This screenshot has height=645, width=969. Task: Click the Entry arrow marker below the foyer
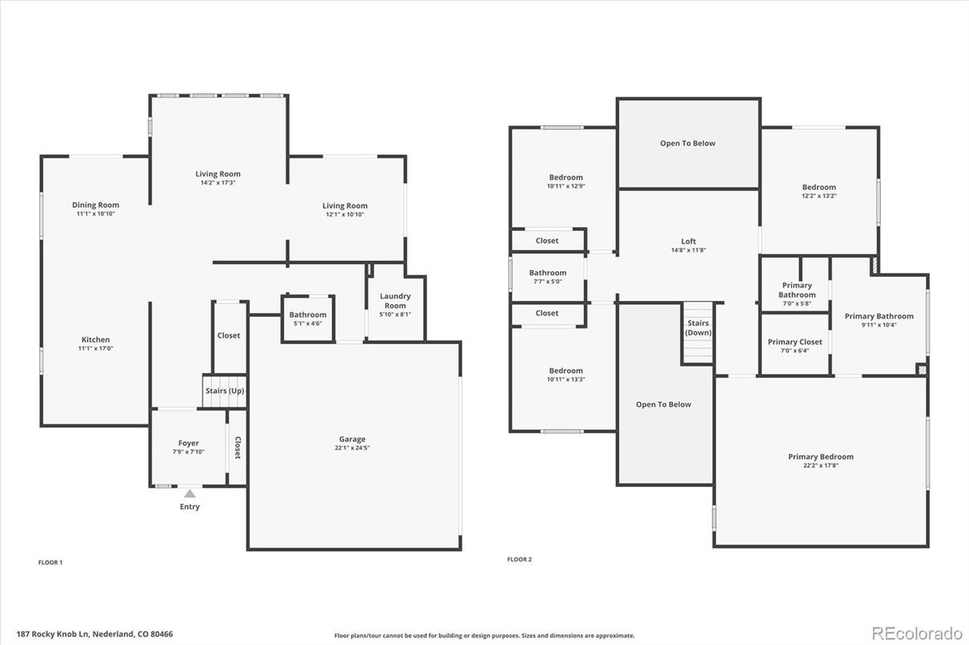click(x=189, y=493)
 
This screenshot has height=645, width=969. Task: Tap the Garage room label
click(x=352, y=439)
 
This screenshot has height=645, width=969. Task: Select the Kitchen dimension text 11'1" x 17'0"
click(x=96, y=348)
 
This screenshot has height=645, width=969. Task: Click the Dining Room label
click(x=96, y=205)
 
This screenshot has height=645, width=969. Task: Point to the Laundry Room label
click(x=395, y=301)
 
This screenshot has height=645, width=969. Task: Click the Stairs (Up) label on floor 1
click(x=225, y=391)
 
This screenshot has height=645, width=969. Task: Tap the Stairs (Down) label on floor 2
click(x=698, y=327)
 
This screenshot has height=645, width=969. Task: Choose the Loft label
click(x=689, y=241)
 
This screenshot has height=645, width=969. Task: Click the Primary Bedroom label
click(x=820, y=456)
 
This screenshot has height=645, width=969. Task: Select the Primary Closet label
click(x=795, y=342)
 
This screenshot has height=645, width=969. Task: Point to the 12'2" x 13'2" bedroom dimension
click(x=819, y=196)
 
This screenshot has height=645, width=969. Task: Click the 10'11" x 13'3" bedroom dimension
click(x=566, y=379)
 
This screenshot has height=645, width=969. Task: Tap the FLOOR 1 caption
click(x=51, y=562)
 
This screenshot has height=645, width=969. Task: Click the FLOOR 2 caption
click(x=519, y=559)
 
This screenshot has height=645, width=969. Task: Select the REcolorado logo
click(x=917, y=634)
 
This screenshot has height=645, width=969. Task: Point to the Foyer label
click(x=189, y=443)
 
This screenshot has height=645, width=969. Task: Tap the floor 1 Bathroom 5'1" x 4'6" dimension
click(x=308, y=324)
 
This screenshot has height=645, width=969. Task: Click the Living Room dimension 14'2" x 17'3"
click(x=218, y=183)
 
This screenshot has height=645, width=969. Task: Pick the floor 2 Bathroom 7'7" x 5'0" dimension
click(x=548, y=282)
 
